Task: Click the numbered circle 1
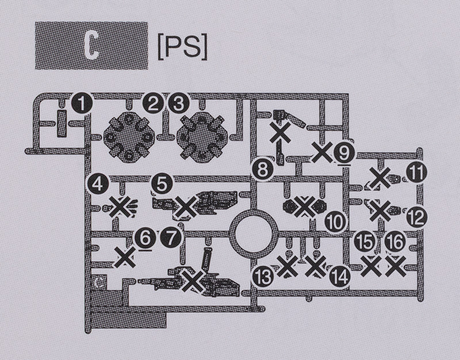pyautogui.click(x=82, y=104)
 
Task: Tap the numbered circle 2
pyautogui.click(x=154, y=104)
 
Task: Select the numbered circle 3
pyautogui.click(x=178, y=104)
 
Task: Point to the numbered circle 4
pyautogui.click(x=98, y=184)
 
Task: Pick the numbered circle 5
pyautogui.click(x=162, y=184)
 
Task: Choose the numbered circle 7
pyautogui.click(x=171, y=236)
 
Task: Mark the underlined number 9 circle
pyautogui.click(x=344, y=152)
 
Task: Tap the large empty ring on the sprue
pyautogui.click(x=253, y=233)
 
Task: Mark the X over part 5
pyautogui.click(x=185, y=206)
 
